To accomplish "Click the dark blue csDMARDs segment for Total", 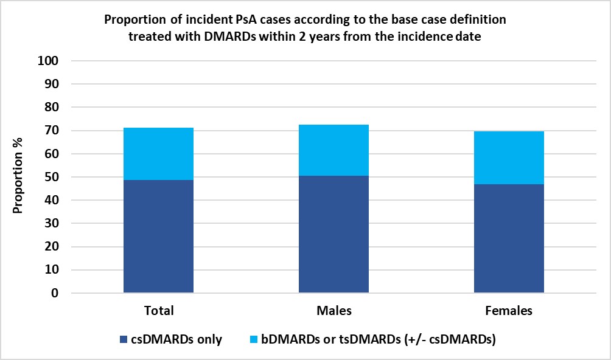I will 158,237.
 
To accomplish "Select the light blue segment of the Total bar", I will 158,154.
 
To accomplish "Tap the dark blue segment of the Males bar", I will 333,234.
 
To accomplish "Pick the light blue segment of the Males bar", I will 333,150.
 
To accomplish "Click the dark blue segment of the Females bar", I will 509,238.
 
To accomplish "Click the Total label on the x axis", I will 158,311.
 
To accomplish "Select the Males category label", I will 333,311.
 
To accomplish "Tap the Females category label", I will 509,311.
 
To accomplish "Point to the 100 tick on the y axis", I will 49,61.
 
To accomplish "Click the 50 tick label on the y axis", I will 52,177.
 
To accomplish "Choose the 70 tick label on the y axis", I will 52,131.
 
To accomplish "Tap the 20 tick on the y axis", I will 52,247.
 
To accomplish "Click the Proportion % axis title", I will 18,177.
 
